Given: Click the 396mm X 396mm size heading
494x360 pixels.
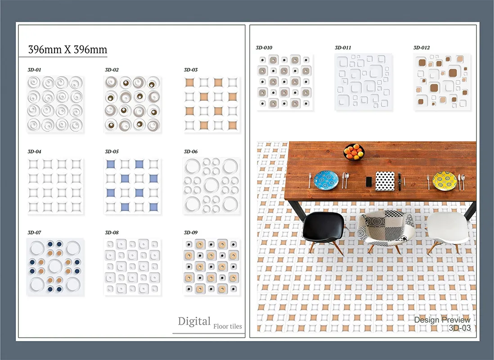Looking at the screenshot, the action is point(68,49).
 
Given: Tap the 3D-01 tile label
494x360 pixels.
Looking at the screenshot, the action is point(34,70).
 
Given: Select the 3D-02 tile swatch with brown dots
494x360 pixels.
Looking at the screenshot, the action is point(132,104).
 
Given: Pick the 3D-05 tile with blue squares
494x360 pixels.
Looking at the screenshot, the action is point(132,186).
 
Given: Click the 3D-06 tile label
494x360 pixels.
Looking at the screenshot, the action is point(191,152).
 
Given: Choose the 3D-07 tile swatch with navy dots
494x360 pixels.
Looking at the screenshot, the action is point(55,267).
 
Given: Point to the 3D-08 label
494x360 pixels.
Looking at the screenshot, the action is point(112,233).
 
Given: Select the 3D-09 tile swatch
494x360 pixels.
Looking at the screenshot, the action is point(211,267).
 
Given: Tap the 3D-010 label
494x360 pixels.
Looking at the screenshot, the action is point(264,48).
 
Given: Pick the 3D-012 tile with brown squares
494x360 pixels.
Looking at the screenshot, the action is point(442,82).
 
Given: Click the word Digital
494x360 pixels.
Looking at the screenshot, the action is point(194,321).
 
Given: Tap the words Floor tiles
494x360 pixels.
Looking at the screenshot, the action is point(228,326).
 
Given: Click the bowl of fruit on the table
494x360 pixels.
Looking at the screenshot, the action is point(354,152).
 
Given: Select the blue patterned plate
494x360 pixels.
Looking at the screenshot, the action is point(326,180).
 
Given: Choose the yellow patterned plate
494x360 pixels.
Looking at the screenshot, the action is point(445,180).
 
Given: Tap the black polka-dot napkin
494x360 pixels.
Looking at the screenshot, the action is point(385,181).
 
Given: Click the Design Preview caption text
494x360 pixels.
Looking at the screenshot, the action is point(442,320).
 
